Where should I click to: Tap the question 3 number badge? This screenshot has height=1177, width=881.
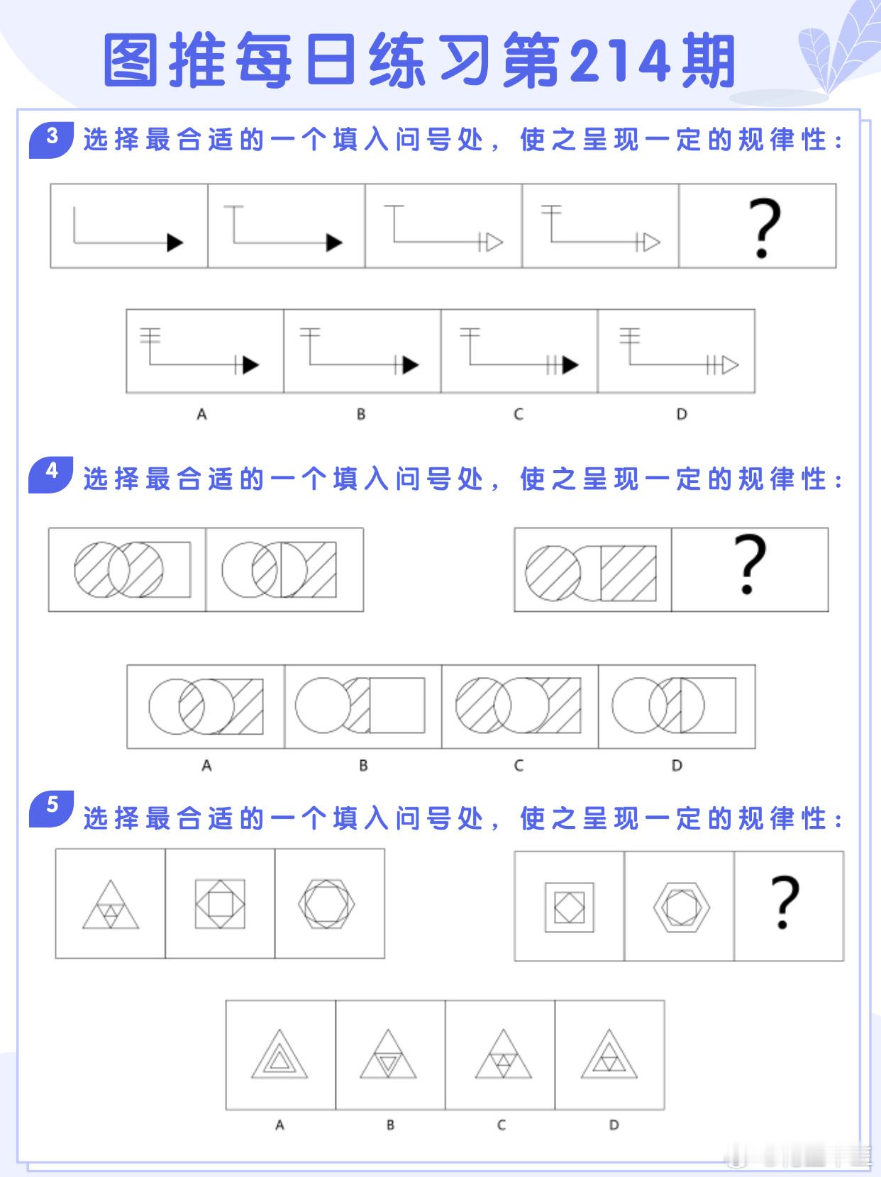[52, 140]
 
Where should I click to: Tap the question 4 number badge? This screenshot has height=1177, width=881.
[51, 474]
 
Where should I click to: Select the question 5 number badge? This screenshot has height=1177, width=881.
[52, 808]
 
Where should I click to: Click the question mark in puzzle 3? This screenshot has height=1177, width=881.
[764, 228]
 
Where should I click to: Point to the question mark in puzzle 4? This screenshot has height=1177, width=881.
[750, 564]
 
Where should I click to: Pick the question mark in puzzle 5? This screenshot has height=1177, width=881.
[785, 902]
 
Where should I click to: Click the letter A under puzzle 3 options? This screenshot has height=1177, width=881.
[201, 414]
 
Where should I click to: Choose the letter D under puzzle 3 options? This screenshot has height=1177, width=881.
[682, 414]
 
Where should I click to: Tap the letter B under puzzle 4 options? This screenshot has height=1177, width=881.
[363, 765]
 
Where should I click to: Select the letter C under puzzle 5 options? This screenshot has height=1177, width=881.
[501, 1125]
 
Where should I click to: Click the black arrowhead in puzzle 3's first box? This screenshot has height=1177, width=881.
[174, 242]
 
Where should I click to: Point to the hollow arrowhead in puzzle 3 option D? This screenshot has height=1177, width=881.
[731, 365]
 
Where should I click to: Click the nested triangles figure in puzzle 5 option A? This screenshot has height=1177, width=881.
[279, 1054]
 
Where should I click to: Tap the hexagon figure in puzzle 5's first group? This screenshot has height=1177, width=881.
[326, 903]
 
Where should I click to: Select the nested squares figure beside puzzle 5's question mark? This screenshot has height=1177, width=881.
[570, 908]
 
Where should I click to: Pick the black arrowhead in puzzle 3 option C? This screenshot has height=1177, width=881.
[570, 365]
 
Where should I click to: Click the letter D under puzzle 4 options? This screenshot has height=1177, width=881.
[677, 765]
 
